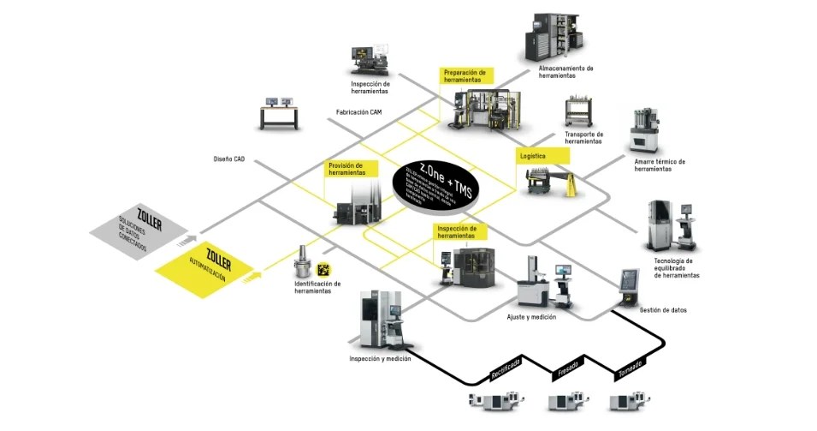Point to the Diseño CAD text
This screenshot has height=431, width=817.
[228, 159]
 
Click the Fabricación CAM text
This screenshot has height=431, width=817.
[359, 112]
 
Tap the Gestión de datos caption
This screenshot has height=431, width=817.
[663, 309]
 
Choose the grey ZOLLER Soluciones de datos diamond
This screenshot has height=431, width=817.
[142, 230]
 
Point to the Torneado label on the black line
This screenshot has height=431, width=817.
[630, 369]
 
